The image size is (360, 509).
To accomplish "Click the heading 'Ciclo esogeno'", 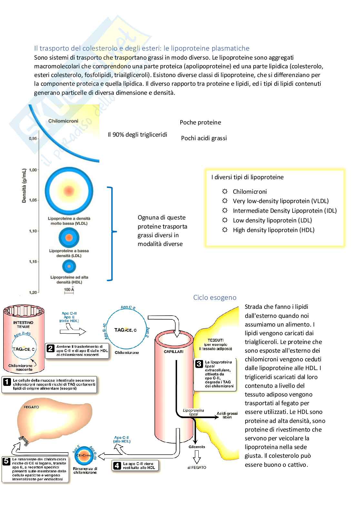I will [215, 298].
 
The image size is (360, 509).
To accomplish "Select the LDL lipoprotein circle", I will [69, 238].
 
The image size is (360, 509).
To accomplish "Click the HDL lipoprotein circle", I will [69, 266].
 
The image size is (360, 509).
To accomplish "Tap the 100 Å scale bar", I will [69, 290].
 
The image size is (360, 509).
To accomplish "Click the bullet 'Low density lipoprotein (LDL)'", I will [272, 220].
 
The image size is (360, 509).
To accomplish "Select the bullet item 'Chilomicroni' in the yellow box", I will [250, 192].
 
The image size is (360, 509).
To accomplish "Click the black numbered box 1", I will [7, 382].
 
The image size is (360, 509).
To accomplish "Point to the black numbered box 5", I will [6, 461].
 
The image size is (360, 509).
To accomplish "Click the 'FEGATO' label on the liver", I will [31, 407].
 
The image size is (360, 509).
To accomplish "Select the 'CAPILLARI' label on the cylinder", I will [174, 352].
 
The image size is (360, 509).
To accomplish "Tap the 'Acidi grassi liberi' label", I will [227, 415].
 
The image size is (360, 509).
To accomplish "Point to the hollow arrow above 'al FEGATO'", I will [197, 457].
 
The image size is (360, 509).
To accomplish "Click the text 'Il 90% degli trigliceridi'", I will [137, 135].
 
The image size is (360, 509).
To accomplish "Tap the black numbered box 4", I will [117, 465].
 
